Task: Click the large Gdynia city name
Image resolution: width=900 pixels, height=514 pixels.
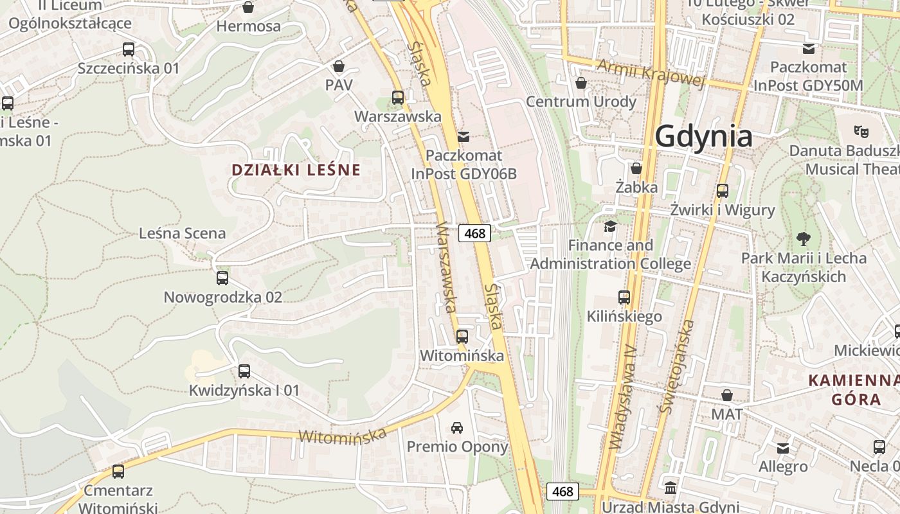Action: click(703, 137)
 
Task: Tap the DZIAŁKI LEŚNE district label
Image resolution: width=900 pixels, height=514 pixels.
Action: click(296, 170)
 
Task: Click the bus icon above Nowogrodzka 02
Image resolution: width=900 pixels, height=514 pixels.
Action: click(222, 278)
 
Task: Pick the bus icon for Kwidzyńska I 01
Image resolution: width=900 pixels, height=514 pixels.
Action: click(244, 371)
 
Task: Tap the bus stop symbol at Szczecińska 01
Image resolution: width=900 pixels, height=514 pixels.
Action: click(129, 49)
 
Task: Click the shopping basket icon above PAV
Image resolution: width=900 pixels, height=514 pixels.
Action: click(339, 66)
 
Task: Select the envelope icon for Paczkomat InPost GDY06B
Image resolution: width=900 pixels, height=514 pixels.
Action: click(464, 136)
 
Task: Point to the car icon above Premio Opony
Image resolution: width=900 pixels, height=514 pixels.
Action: click(457, 428)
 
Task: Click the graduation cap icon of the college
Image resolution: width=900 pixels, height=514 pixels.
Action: click(610, 226)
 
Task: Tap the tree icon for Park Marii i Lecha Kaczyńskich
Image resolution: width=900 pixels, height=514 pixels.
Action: click(803, 239)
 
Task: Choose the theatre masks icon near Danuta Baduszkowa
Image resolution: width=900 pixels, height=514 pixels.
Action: click(861, 132)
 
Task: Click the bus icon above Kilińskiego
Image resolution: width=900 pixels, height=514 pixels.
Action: click(624, 297)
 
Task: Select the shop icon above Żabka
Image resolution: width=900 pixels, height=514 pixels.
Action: click(636, 168)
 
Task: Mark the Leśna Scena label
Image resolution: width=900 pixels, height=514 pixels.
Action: click(183, 233)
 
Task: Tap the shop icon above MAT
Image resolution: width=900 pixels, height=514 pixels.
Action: click(727, 395)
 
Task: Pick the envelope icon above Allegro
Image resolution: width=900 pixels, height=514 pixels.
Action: click(783, 448)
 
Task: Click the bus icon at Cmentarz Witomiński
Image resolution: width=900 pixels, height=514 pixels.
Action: click(118, 472)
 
